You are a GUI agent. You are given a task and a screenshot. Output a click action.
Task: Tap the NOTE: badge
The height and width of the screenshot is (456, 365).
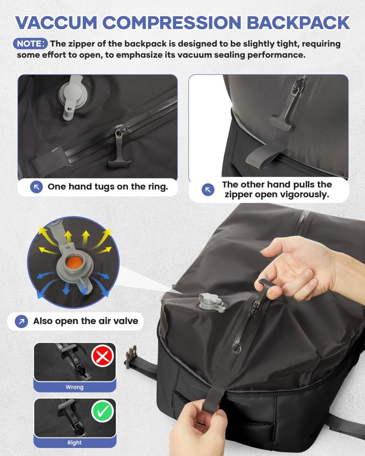coord(31,44)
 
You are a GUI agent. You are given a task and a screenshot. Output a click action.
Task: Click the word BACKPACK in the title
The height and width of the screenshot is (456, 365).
coord(298,22)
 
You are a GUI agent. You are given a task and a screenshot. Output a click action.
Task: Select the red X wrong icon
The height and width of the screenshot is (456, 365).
coord(103,356)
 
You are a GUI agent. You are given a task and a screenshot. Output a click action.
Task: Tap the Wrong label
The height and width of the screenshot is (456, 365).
coord(75,387)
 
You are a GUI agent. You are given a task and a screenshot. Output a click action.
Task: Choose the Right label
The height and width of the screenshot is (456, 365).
coord(75,443)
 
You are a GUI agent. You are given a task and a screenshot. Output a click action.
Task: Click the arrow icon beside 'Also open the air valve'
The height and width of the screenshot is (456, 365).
coord(21,321)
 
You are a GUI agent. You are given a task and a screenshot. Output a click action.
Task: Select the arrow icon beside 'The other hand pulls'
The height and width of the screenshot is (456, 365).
coord(208,190)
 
